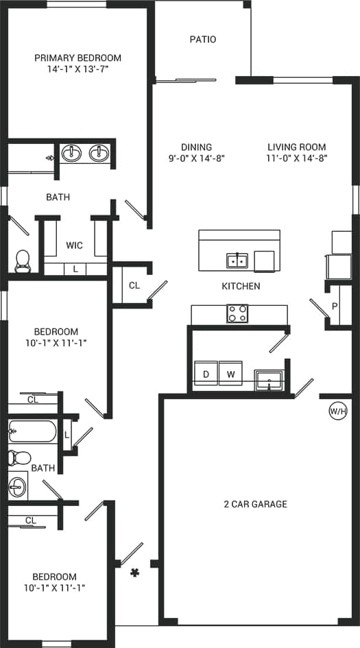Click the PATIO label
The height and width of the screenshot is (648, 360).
click(202, 39)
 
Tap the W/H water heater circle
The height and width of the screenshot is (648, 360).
click(337, 411)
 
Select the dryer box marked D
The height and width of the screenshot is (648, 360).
click(205, 374)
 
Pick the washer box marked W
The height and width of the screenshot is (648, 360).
click(230, 374)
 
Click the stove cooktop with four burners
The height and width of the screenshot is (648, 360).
click(237, 314)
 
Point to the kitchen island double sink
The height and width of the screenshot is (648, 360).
click(237, 261)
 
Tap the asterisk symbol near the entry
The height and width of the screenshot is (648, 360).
click(134, 573)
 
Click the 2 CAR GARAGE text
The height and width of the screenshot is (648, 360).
click(255, 504)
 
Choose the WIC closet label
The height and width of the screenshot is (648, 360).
click(75, 245)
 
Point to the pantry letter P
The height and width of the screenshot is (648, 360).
click(335, 306)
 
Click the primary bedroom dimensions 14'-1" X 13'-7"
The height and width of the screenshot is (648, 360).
click(77, 69)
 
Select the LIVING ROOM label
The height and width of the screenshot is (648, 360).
click(296, 147)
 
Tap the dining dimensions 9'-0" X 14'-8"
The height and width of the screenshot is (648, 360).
click(196, 158)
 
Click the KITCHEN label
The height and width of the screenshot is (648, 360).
click(241, 286)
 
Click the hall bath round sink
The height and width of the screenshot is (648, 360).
click(17, 488)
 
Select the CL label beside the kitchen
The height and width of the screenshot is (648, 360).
click(134, 285)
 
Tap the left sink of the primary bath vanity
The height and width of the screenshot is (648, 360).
click(72, 153)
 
